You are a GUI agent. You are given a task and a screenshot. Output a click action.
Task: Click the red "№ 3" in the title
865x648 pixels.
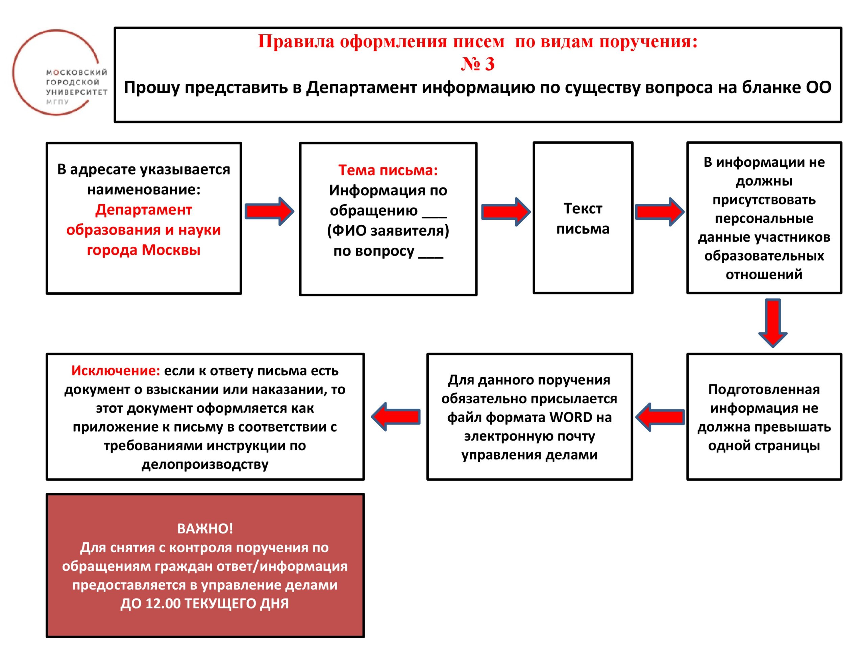pos(477,64)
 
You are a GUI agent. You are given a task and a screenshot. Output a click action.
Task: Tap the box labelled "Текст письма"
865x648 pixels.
pos(583,218)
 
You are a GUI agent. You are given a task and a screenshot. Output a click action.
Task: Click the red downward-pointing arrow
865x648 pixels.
pos(773,323)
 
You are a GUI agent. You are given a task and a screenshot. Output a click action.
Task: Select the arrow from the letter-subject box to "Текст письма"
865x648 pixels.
pos(505,212)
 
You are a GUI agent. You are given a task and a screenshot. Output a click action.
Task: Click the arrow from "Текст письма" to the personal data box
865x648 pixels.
pos(659,212)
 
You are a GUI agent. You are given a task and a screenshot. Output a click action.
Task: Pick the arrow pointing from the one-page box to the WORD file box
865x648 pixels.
pos(660,417)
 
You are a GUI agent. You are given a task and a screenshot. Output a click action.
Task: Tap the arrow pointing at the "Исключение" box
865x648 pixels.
pos(396,417)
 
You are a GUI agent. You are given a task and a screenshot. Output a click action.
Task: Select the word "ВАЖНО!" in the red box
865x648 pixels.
pos(205,529)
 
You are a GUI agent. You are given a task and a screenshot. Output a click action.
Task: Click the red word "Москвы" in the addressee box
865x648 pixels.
pos(171,250)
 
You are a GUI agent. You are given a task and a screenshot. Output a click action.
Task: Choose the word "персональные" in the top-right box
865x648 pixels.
pos(764,218)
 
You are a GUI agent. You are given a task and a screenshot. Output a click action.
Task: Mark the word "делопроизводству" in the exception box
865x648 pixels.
pos(205,464)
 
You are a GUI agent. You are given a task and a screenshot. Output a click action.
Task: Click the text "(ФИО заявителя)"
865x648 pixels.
pos(388,231)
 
